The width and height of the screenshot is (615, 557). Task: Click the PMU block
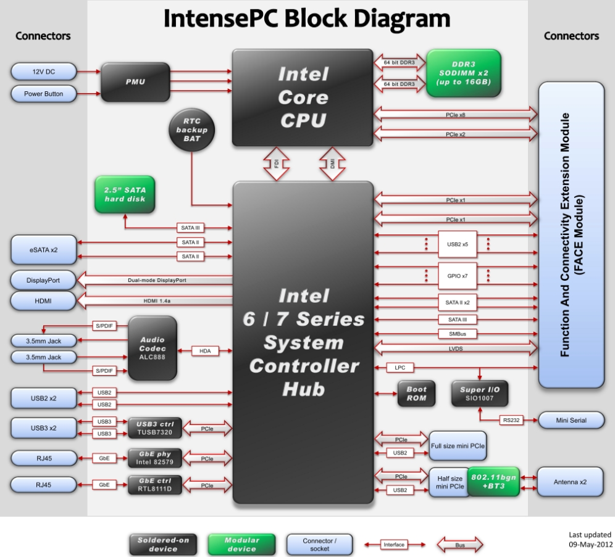coord(135,82)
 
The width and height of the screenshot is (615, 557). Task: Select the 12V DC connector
coord(43,72)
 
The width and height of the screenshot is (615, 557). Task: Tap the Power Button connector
coord(43,94)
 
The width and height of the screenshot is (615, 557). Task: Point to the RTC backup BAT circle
coord(191,130)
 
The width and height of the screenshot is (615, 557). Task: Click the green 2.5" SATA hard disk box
coord(125,194)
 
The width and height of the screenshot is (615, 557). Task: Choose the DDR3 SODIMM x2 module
coord(463,73)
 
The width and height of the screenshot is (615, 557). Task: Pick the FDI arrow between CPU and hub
coord(276,164)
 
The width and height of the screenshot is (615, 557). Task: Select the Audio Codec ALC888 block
coord(152,348)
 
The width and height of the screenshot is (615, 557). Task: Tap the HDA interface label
coord(205,351)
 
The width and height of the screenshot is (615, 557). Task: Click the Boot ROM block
coord(416,394)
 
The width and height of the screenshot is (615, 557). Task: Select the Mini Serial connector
coord(571,421)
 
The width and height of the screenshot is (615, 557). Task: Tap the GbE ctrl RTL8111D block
coord(155,485)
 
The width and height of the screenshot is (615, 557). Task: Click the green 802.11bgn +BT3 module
coord(494,482)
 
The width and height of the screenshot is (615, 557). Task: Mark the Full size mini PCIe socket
coord(458,445)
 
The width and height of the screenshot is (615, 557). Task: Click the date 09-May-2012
coord(590,545)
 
